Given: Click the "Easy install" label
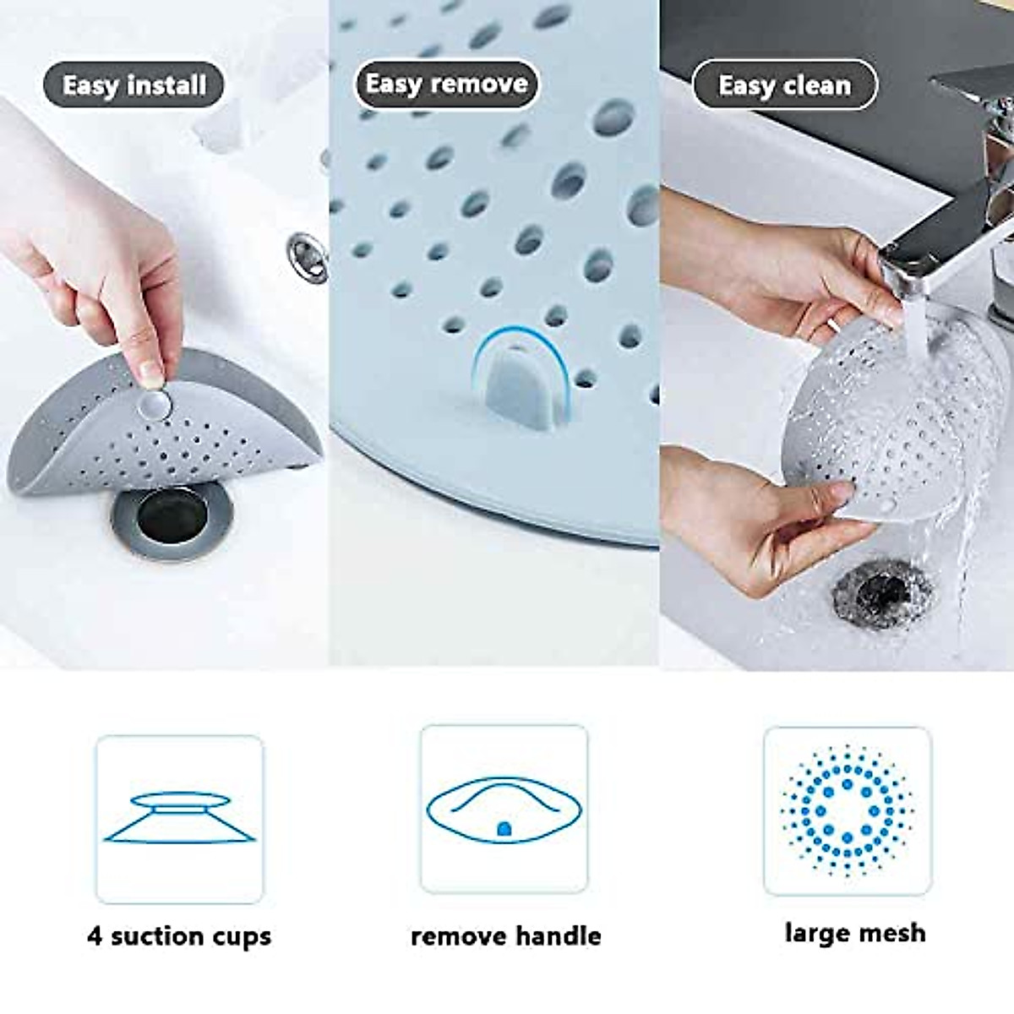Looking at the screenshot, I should pos(134,85).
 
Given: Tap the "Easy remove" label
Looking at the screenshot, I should pos(446,84).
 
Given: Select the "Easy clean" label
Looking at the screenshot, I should pos(784,85).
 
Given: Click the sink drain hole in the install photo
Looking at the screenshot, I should pos(172,515).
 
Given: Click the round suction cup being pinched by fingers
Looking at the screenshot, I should pos(153,405).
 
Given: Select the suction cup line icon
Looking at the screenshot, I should pos(179,818).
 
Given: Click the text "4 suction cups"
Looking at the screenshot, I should pos(179,935).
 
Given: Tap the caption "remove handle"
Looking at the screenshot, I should pos(505,935).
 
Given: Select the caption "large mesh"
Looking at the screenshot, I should pos(854,933).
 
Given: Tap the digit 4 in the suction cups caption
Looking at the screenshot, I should pos(95,935).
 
